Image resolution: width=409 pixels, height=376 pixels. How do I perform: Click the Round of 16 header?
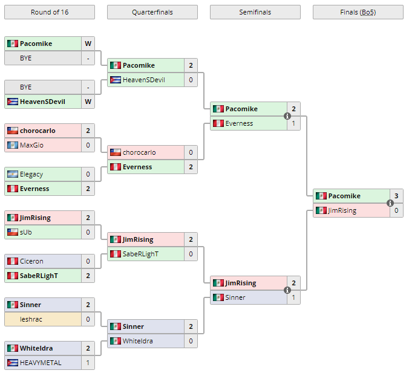tap(49, 12)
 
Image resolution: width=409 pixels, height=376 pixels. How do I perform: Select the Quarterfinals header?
tap(152, 12)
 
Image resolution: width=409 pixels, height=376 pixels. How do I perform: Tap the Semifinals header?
tap(255, 12)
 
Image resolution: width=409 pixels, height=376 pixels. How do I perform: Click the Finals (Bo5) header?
tap(358, 12)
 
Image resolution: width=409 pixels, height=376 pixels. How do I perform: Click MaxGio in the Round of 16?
tap(31, 145)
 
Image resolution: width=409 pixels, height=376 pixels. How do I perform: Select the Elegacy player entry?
tap(31, 174)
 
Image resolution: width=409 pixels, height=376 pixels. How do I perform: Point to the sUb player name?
tap(25, 232)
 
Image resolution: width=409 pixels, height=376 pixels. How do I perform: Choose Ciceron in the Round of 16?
tap(31, 261)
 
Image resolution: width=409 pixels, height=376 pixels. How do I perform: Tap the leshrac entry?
tap(30, 319)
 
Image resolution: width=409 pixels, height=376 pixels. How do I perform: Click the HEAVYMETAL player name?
tap(40, 363)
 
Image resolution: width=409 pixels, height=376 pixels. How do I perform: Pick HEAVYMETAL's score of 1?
tap(88, 363)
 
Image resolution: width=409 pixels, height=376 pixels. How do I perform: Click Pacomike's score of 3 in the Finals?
tap(396, 196)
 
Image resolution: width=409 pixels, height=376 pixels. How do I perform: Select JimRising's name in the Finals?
tap(342, 210)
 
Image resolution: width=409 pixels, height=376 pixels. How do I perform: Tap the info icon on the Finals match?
tap(390, 203)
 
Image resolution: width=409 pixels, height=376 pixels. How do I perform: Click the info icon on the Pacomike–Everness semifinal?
tap(287, 116)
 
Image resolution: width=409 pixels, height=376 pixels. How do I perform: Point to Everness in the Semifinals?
tap(240, 123)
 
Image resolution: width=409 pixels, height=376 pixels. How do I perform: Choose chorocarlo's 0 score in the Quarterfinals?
tap(191, 152)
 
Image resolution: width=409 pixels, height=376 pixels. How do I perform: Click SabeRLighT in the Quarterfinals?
tap(140, 254)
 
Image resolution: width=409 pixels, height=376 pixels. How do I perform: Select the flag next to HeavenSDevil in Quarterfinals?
tap(115, 80)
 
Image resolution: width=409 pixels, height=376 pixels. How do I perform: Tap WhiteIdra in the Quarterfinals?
tap(138, 341)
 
